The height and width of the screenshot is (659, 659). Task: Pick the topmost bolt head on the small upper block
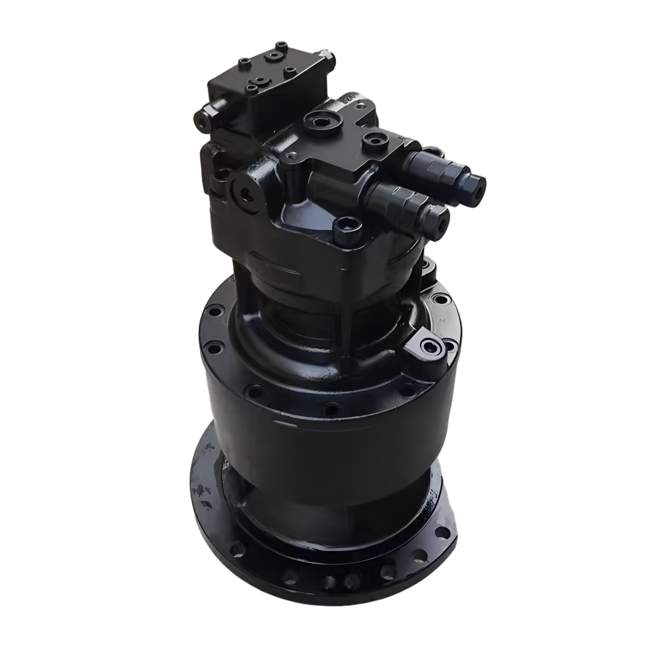[281, 44]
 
